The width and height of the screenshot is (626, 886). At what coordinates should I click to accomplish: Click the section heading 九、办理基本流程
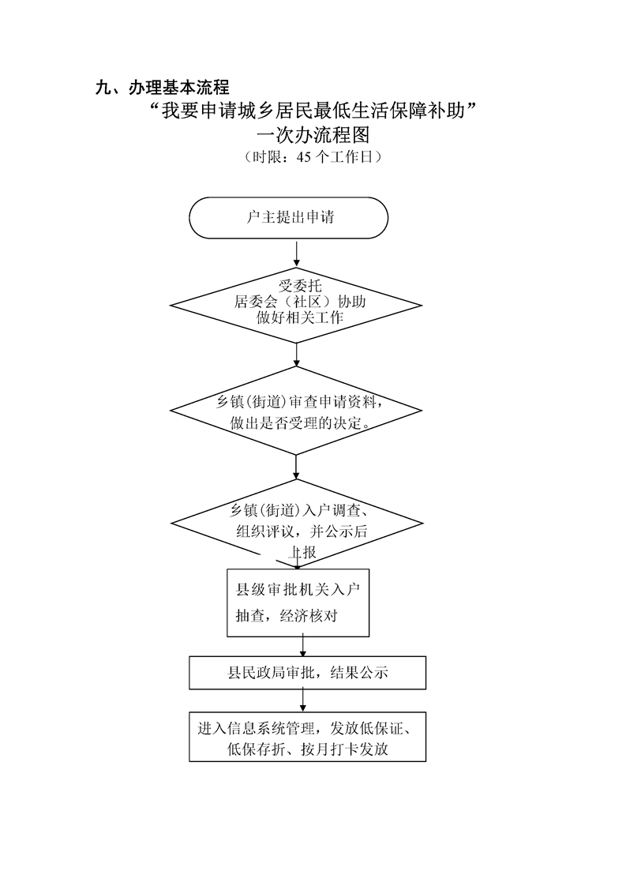(162, 88)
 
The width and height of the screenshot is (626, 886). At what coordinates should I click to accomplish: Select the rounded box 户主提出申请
(289, 217)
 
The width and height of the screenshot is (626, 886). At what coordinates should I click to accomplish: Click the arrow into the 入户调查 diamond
(297, 467)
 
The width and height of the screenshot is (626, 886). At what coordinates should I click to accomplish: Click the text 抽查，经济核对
(287, 616)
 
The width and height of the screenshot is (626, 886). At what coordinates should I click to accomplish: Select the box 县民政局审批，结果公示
(307, 673)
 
